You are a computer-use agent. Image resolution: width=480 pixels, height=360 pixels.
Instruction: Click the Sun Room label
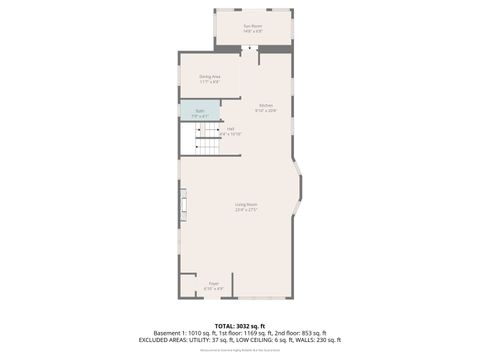(253, 26)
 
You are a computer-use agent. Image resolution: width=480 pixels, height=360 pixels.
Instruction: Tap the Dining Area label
(209, 76)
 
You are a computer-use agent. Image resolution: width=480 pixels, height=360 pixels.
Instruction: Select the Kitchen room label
(267, 105)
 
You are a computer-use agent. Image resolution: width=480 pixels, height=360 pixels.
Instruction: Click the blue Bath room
(199, 112)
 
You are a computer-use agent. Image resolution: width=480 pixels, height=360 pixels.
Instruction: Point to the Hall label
(230, 128)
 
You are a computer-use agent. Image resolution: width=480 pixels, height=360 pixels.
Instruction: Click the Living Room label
(246, 205)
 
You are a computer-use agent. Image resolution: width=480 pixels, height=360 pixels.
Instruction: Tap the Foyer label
(213, 283)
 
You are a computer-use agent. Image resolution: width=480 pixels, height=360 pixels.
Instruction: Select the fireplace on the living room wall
(183, 208)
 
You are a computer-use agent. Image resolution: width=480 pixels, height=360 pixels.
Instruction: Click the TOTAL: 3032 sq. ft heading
(240, 325)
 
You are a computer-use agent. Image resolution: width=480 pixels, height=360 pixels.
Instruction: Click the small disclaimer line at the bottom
(240, 349)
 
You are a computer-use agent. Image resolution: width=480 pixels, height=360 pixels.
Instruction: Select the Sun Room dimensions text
(253, 31)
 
